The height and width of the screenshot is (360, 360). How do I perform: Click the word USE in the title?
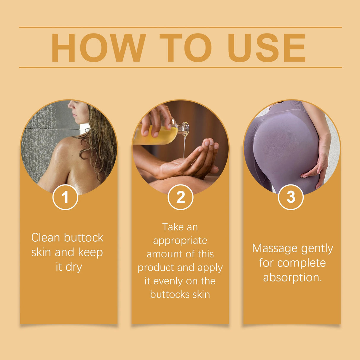pos(266,48)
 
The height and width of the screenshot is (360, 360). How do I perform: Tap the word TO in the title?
pos(185,48)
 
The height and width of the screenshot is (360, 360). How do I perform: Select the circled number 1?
pos(65,197)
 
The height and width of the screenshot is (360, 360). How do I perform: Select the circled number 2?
pos(180,197)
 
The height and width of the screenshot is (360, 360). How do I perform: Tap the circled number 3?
pos(291,197)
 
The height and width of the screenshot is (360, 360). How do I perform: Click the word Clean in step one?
pos(46,238)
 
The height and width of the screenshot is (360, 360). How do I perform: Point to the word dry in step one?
pos(74,267)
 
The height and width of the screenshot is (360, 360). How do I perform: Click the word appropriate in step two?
pos(180,241)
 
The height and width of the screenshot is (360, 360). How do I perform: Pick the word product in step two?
pos(153,267)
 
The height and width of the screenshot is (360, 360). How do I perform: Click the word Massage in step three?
pos(271,248)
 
